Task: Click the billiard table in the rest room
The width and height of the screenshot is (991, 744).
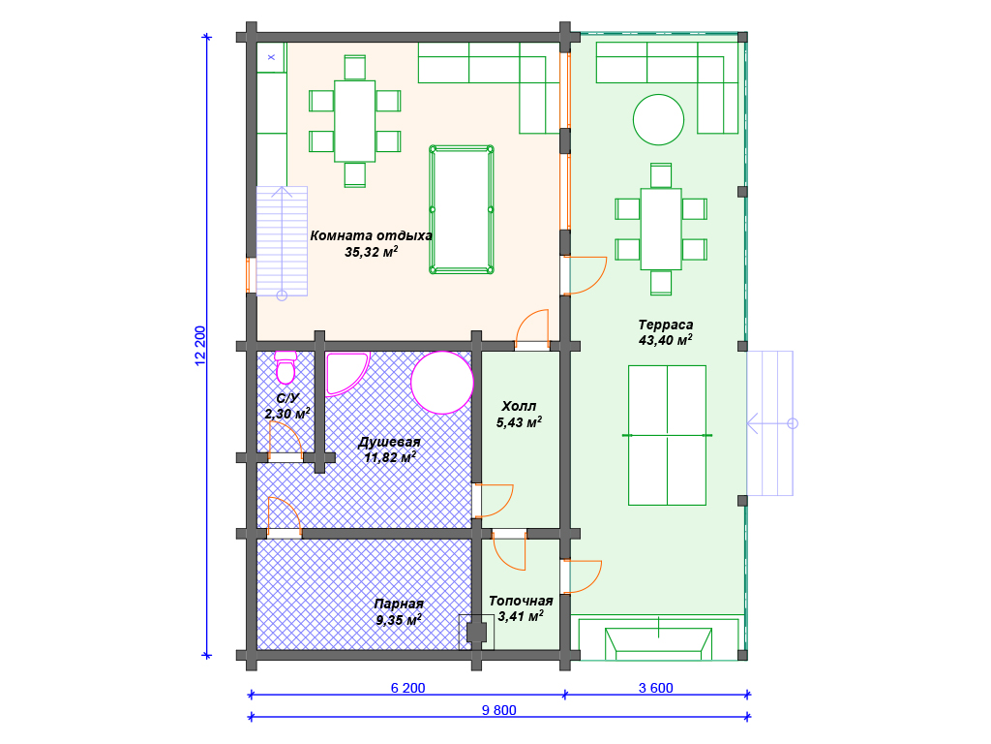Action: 462,209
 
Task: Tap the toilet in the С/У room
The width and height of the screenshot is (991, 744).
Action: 285,367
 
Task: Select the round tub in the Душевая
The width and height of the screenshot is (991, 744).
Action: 441,383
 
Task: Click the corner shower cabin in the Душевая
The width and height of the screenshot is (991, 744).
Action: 345,373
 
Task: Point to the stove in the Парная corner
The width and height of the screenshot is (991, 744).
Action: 476,632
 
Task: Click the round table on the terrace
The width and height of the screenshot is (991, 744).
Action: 658,119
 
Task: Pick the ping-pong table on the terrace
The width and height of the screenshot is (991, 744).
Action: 668,435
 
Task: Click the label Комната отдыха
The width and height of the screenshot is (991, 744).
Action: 371,235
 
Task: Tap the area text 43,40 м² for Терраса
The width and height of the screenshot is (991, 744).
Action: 665,340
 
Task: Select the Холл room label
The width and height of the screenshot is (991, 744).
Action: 519,406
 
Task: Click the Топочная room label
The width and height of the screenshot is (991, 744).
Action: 521,601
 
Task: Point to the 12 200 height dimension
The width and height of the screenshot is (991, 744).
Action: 200,346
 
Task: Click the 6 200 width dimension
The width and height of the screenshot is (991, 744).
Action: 407,688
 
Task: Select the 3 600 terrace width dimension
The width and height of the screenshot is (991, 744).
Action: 655,688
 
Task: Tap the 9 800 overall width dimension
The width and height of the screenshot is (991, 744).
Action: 498,710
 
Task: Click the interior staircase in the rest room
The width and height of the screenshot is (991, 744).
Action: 282,241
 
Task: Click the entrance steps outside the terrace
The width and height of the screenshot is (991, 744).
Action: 769,423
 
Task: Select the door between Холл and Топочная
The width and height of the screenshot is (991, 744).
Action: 509,549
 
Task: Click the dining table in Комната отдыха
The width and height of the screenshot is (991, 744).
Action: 354,121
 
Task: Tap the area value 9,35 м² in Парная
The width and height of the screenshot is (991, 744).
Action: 399,620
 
